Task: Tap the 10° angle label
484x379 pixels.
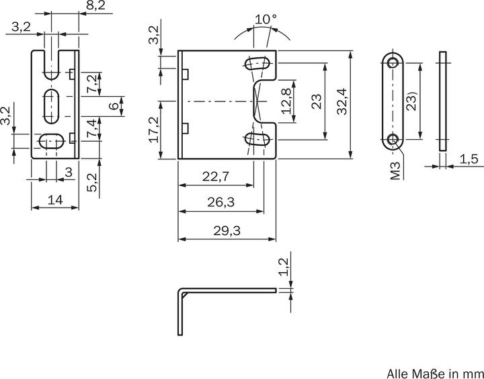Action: point(265,19)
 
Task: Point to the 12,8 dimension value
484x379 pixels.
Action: point(286,101)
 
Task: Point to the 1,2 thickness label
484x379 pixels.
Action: point(284,267)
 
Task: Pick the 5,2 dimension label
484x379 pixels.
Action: point(93,182)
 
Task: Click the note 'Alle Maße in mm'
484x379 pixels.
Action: point(434,372)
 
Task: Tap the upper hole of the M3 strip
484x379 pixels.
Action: point(393,62)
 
